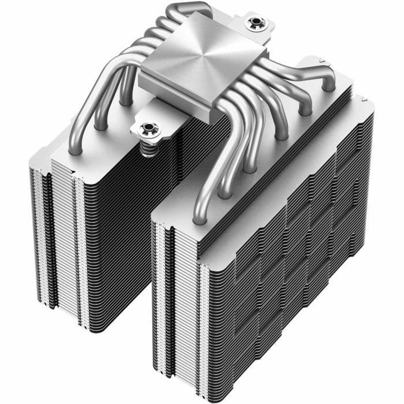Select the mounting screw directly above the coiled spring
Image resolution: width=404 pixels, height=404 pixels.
[x=147, y=128]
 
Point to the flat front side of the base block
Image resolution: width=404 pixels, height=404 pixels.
[x=175, y=89]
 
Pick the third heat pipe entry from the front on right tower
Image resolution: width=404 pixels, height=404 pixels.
[x=249, y=168]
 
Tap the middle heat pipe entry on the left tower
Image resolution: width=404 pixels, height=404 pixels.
[x=100, y=127]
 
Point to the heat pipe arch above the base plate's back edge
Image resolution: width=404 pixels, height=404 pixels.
[x=189, y=10]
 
